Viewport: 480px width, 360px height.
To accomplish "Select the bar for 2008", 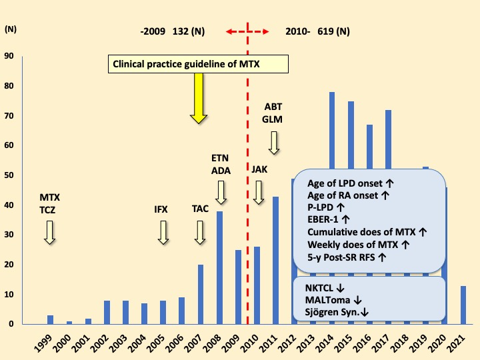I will coord(219,267).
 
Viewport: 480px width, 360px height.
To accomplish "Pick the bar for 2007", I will coord(201,294).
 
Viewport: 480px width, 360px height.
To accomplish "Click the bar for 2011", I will coord(275,260).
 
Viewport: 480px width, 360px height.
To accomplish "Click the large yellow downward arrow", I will coord(198,97).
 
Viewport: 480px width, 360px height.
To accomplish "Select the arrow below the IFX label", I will coord(163,232).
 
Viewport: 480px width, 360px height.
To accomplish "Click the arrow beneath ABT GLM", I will coord(274,142).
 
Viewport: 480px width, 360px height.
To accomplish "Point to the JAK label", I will coord(259,169).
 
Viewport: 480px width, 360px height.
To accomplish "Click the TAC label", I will coord(200,209).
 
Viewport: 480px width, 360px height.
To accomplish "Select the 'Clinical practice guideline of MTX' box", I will coord(198,64).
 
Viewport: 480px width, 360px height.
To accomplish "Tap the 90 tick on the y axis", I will coord(8,56).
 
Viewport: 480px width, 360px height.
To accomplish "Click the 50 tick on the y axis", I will coord(8,175).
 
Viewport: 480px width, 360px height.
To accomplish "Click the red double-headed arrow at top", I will coord(247,31).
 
